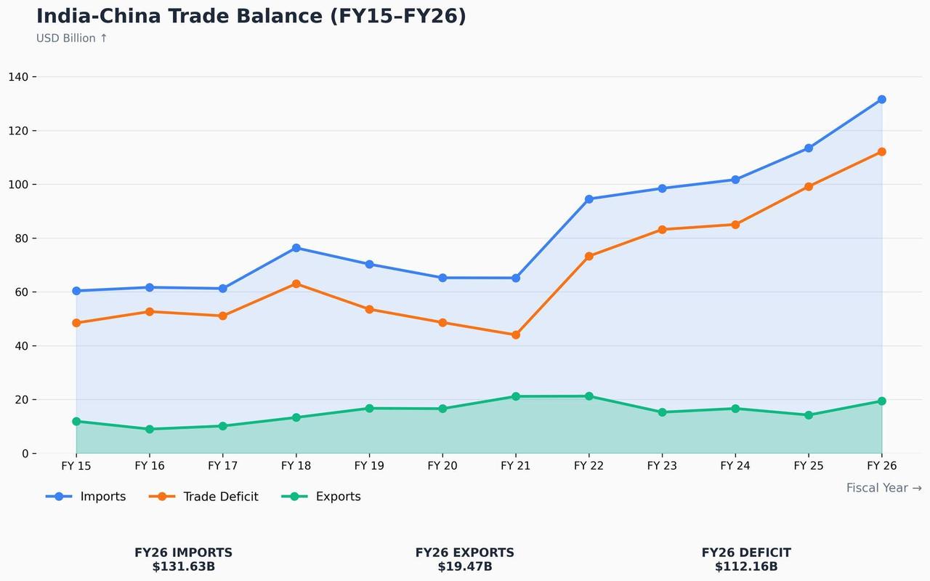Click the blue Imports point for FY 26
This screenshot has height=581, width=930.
coord(881,100)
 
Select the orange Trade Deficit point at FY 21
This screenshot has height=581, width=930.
coord(516,334)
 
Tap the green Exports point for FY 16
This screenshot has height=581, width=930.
coord(150,429)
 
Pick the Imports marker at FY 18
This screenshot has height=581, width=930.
coord(296,248)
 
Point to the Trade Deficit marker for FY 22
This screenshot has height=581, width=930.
coord(589,256)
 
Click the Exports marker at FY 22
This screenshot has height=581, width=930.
coord(589,396)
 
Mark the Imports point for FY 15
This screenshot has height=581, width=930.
coord(76,291)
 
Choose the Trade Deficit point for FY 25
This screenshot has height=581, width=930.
coord(809,187)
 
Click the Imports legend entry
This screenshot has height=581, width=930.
coord(86,496)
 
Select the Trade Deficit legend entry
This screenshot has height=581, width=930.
coord(203,496)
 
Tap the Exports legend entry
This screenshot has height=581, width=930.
coord(321,496)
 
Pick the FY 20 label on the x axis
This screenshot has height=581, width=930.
coord(442,465)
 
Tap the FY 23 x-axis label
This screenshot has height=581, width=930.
coord(662,465)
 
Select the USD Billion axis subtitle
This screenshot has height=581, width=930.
coord(71,39)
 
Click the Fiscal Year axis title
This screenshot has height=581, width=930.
coord(884,487)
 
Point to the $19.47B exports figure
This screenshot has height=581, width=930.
coord(465,566)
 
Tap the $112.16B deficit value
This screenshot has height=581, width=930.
coord(746,566)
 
